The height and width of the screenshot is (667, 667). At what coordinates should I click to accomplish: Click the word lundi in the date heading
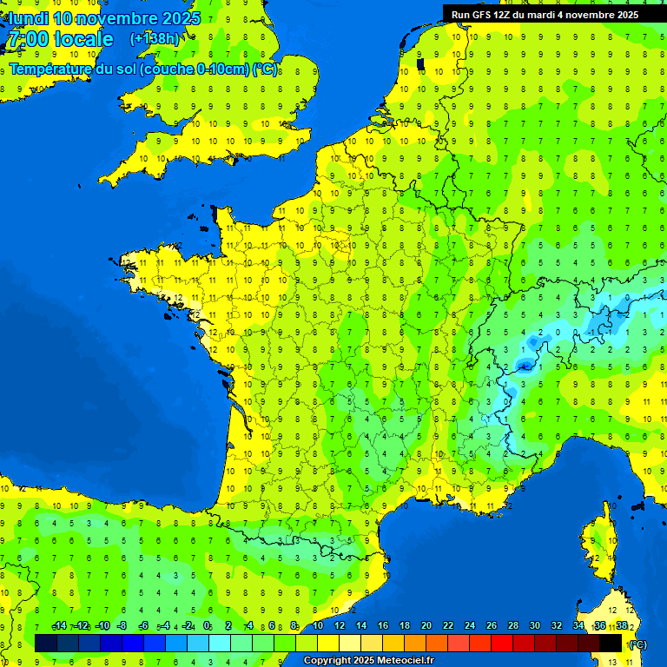point(30,17)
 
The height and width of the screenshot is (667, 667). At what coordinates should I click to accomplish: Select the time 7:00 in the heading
point(26,39)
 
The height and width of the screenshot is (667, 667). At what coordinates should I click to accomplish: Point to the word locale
point(83,39)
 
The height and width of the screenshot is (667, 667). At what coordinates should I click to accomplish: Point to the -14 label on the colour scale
point(59,625)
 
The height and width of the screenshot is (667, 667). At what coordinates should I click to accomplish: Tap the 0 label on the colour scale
point(207,625)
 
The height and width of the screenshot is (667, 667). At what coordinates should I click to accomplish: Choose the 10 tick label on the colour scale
point(317,625)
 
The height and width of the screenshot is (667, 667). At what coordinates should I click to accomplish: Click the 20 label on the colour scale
point(426,625)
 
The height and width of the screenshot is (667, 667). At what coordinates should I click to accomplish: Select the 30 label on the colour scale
point(534,625)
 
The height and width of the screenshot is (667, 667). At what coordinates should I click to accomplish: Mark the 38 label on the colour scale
point(621,625)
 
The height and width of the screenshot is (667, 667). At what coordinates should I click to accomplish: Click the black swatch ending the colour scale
point(611,643)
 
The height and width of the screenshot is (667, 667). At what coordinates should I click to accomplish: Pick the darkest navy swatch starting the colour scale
point(46,643)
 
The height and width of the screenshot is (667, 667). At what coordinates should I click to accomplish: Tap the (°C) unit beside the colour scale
point(638,644)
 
